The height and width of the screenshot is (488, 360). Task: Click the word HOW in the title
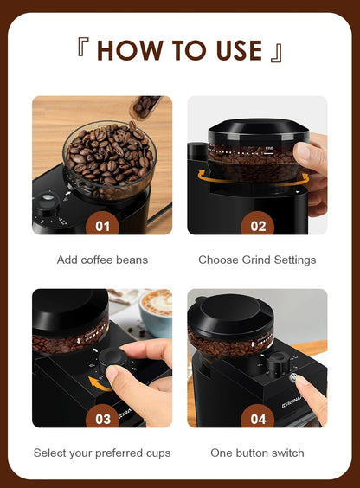coord(130,50)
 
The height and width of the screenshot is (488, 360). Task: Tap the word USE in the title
coord(239,50)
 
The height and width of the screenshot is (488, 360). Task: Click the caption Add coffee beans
coord(102,260)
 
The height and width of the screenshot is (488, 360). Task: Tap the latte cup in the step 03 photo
coord(156,312)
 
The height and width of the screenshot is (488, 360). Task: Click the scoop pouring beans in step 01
coord(145,106)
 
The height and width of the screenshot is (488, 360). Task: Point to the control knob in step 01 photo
coord(48,202)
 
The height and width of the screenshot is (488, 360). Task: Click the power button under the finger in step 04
coord(292,378)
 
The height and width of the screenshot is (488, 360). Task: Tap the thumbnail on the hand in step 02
coord(303,151)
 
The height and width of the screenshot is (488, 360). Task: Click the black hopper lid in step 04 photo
coord(230,312)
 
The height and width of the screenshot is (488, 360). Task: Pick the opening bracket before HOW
coord(83,47)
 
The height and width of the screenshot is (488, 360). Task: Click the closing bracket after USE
coord(276,53)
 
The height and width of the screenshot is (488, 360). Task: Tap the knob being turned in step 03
coord(112,359)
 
